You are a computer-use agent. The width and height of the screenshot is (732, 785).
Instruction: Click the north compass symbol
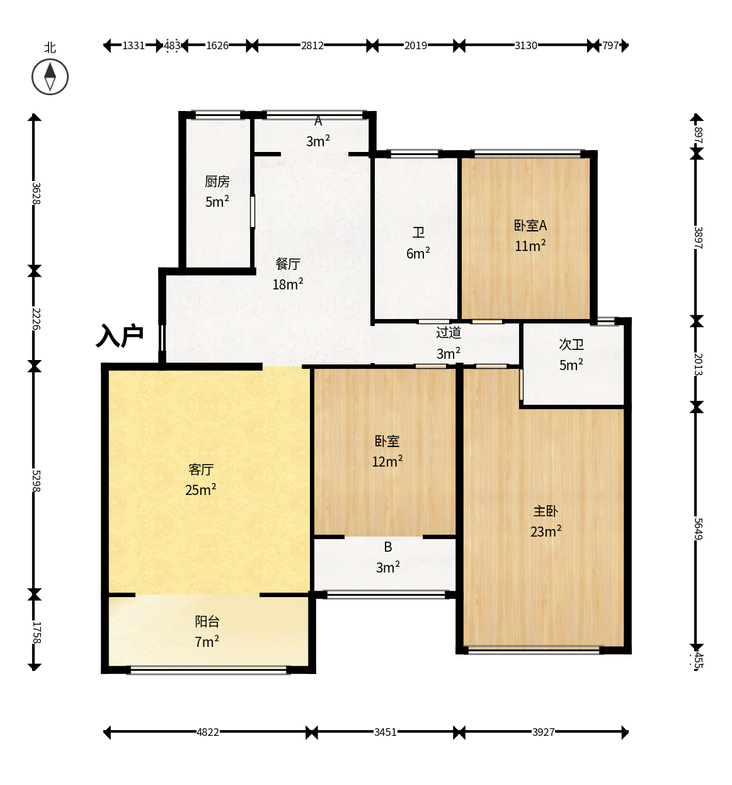click(50, 76)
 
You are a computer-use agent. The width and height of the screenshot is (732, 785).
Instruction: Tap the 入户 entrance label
click(119, 336)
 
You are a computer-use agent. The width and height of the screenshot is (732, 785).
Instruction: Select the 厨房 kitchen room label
click(217, 182)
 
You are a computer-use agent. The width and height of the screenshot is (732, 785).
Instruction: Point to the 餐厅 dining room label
click(288, 264)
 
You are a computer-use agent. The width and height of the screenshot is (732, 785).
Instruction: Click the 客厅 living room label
click(201, 470)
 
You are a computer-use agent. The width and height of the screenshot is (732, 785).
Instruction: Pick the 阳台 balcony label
click(207, 621)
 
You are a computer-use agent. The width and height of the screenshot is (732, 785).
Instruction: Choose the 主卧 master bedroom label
click(546, 511)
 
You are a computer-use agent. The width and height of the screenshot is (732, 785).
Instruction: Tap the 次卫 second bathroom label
click(571, 344)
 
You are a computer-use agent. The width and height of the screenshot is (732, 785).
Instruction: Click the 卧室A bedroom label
click(530, 225)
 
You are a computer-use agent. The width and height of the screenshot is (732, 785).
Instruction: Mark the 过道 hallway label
click(449, 332)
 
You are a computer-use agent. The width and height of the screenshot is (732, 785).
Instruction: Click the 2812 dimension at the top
click(312, 45)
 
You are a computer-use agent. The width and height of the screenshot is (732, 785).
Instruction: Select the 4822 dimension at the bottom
click(208, 732)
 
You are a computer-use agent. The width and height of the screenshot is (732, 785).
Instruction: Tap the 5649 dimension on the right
click(698, 529)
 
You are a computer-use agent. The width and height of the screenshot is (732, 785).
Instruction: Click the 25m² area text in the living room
click(201, 489)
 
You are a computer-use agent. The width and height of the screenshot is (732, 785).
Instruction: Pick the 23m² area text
click(546, 532)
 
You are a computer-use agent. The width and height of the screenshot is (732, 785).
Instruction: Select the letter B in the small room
click(388, 547)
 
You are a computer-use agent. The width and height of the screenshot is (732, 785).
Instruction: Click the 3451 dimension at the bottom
click(385, 732)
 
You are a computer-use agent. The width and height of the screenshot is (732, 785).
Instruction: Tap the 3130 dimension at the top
click(526, 45)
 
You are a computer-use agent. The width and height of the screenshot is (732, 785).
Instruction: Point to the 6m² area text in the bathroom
click(418, 253)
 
